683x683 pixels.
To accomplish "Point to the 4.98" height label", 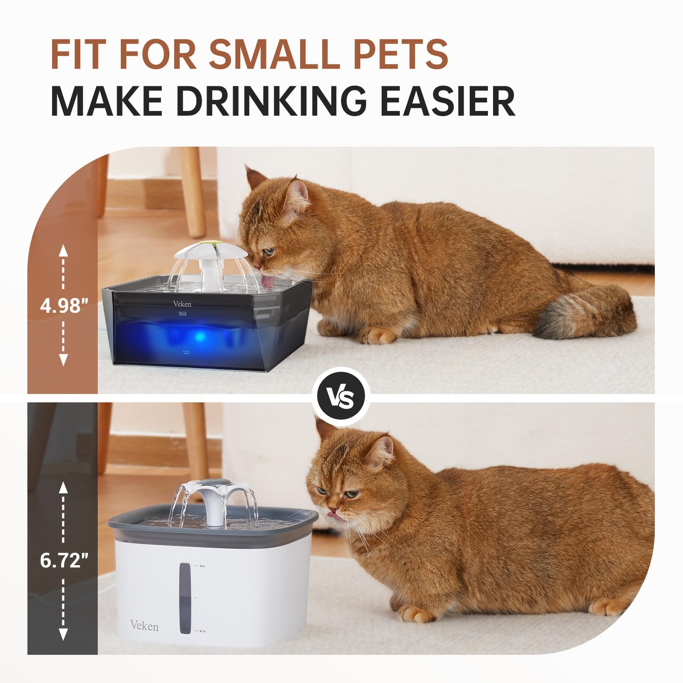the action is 64,306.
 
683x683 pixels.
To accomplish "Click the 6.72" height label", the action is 64,561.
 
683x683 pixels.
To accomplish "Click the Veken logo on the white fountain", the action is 144,626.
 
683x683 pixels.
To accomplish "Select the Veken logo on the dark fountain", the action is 182,304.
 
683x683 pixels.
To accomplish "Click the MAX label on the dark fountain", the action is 183,313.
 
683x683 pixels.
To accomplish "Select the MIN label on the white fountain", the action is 202,631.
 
